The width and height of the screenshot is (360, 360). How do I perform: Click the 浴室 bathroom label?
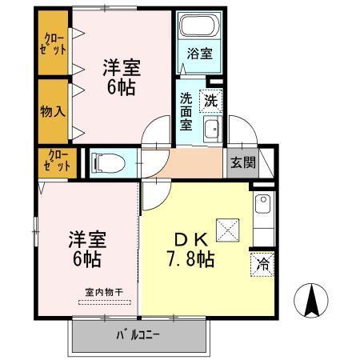click(x=200, y=54)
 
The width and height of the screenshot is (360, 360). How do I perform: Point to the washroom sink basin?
click(x=212, y=131)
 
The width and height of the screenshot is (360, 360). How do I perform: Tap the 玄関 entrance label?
click(x=243, y=162)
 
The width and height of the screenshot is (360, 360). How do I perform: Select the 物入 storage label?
click(x=53, y=110)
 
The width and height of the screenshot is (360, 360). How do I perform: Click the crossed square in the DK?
click(x=230, y=230)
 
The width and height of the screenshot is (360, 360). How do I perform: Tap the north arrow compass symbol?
click(x=313, y=301)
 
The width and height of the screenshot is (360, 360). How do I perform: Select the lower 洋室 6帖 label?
click(x=86, y=249)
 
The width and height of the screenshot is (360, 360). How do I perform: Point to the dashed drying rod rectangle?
click(x=107, y=303)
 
